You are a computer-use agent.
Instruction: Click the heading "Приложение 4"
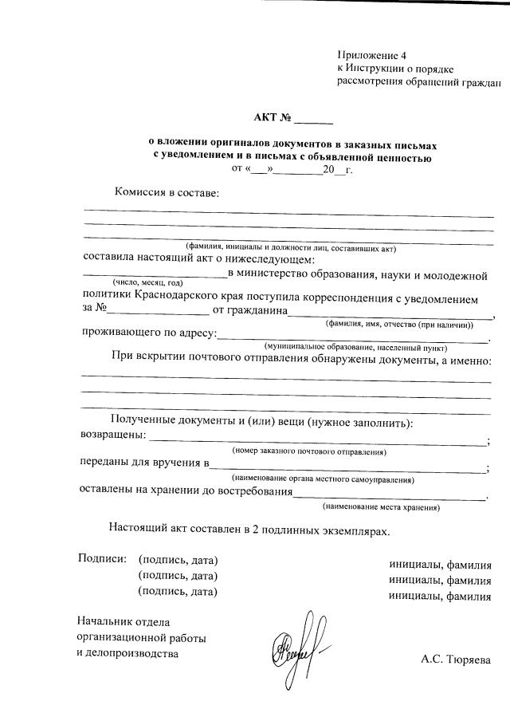pos(372,56)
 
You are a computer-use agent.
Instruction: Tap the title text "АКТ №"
pos(272,119)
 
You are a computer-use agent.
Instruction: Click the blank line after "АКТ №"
pos(314,122)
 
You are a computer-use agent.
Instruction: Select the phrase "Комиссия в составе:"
pos(166,192)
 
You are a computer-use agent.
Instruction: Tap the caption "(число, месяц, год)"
pos(148,283)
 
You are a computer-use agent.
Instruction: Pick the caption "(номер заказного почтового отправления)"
pos(309,451)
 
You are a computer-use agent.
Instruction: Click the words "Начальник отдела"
pos(124,621)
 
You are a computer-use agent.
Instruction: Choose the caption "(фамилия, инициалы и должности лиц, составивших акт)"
pos(290,248)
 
